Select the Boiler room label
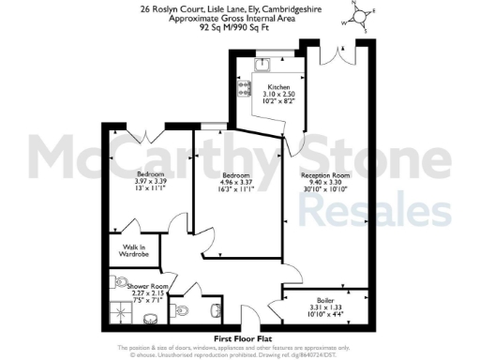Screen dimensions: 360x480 click(324, 300)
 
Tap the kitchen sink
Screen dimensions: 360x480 click(262, 65)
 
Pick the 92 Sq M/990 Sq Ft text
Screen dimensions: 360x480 click(240, 28)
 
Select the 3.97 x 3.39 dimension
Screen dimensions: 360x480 click(150, 183)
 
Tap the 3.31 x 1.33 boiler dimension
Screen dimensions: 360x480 click(324, 307)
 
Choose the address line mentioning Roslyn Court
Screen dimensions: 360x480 click(240, 8)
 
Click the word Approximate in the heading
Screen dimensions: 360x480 click(190, 19)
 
